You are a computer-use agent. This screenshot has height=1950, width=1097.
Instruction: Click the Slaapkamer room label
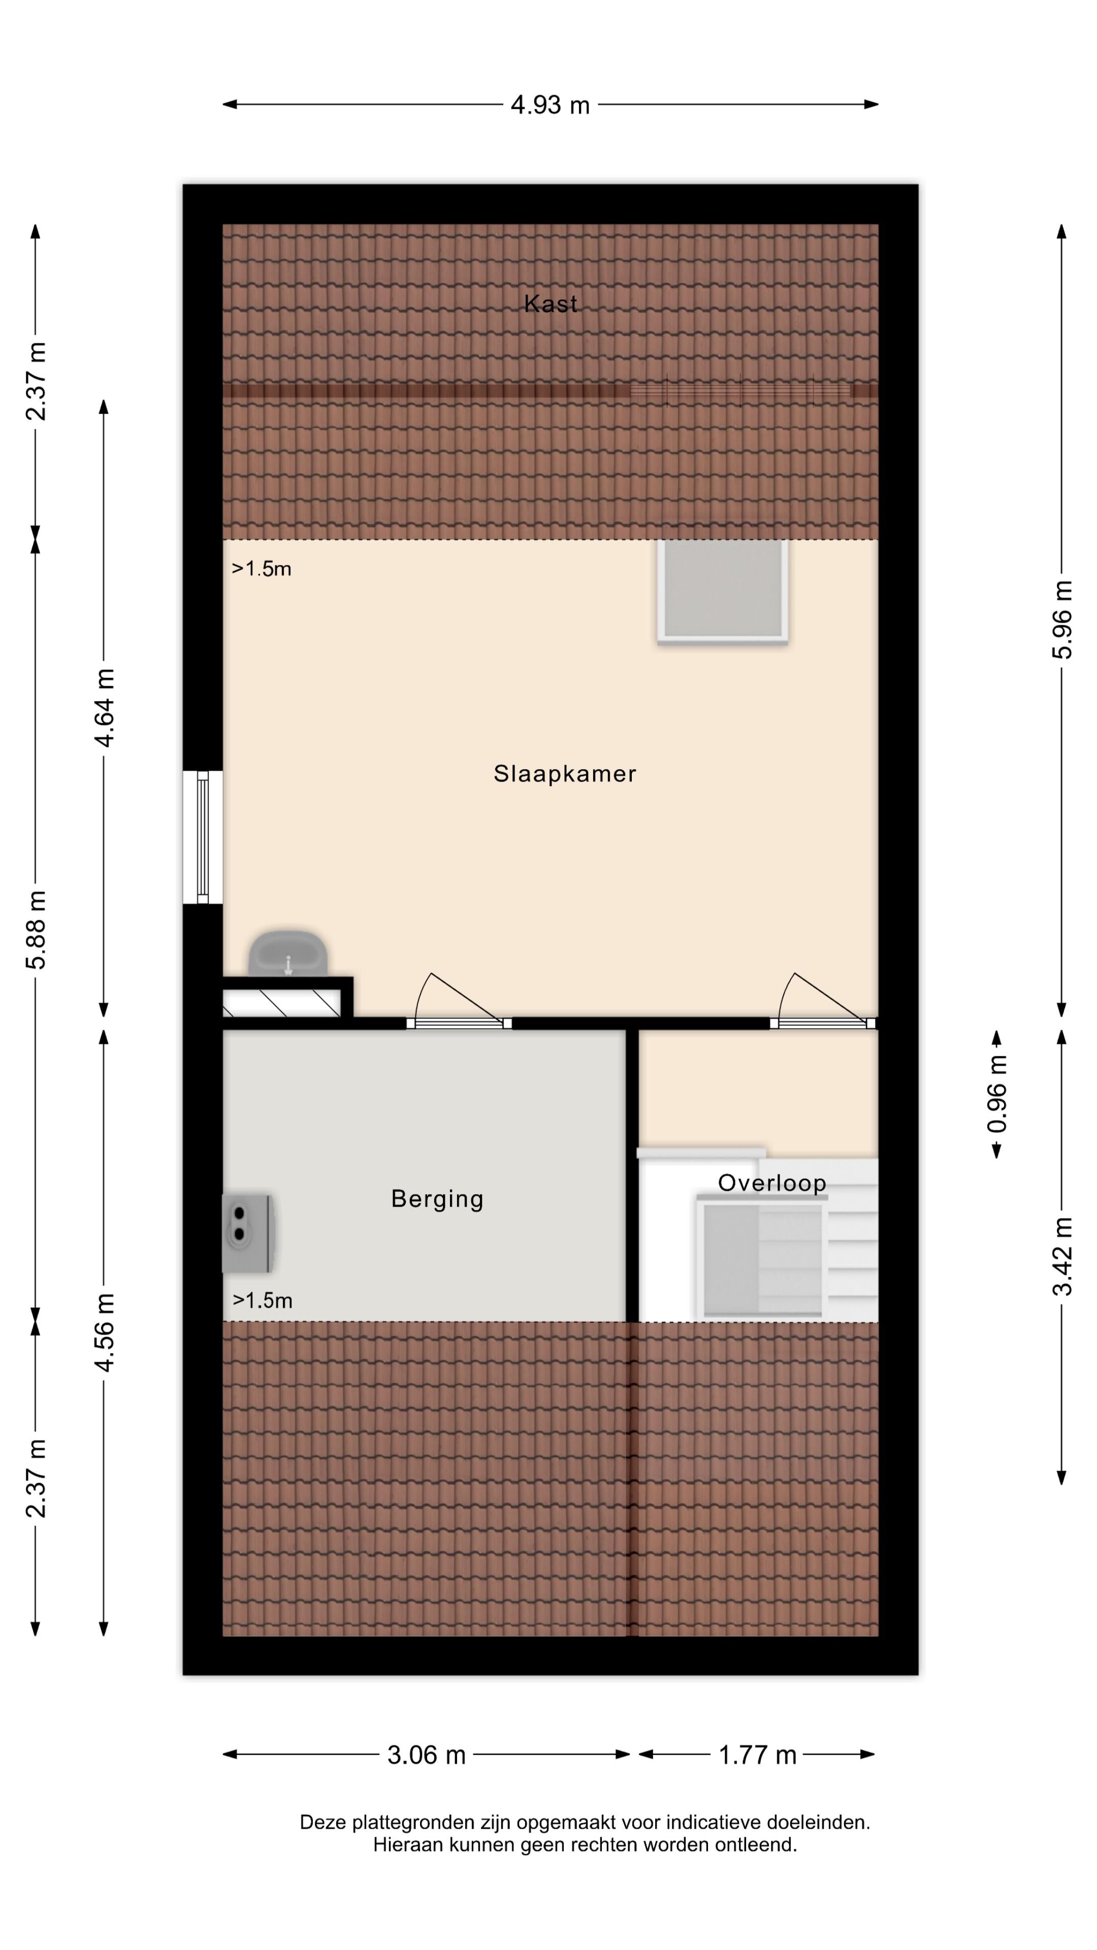tap(564, 773)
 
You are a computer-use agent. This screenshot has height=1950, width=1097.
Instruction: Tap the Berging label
tap(437, 1199)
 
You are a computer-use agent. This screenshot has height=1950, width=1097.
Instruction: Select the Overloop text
tap(771, 1182)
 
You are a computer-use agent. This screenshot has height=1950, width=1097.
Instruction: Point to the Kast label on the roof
tap(551, 304)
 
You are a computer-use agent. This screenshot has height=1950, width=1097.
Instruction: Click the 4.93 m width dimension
tap(551, 105)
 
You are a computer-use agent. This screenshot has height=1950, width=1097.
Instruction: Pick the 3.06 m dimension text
tap(426, 1754)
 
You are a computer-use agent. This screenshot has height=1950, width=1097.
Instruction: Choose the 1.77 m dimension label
tap(757, 1754)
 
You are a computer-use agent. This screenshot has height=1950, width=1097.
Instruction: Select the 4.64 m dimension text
tap(104, 708)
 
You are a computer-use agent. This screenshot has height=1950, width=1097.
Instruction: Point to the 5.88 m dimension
tap(36, 930)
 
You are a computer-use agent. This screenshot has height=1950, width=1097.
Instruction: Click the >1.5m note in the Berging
tap(262, 1301)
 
